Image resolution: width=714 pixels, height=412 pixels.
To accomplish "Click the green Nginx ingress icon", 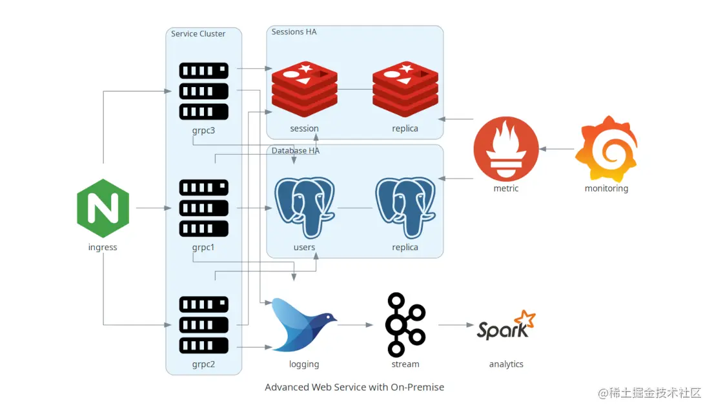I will tap(103, 208).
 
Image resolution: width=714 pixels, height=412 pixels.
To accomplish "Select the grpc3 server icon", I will tap(203, 91).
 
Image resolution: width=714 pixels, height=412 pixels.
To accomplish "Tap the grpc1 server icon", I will tap(203, 208).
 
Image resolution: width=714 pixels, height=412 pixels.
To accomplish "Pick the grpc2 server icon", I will tap(203, 325).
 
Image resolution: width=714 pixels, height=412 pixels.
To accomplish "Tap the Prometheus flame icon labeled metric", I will tap(505, 149).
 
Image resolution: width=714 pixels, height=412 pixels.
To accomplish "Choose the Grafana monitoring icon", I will tap(606, 149).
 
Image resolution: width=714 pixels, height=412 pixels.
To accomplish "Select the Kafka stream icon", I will tap(405, 324).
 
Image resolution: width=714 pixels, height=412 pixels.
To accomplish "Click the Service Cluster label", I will tap(198, 34).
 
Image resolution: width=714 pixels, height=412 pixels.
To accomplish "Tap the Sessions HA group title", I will tap(294, 32).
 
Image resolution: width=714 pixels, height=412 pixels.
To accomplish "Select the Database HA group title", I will tap(295, 150).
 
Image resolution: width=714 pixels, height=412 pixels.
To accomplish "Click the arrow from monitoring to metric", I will tap(556, 149).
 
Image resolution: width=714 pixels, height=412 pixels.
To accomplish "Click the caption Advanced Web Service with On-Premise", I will tap(354, 387).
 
